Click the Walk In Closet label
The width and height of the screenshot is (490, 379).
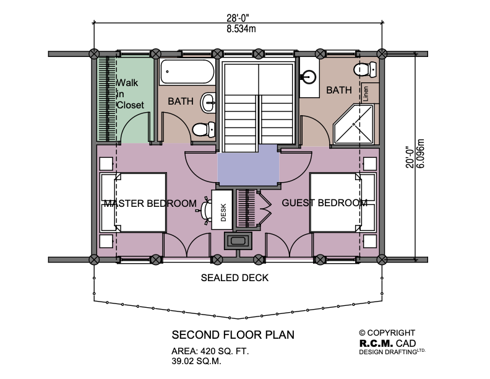130,94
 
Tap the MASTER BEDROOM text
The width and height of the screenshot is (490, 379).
150,203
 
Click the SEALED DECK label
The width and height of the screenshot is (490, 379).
234,278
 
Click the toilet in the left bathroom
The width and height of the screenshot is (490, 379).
202,129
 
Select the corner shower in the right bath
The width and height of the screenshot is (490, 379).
355,123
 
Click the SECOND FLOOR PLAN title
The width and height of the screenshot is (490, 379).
233,335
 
